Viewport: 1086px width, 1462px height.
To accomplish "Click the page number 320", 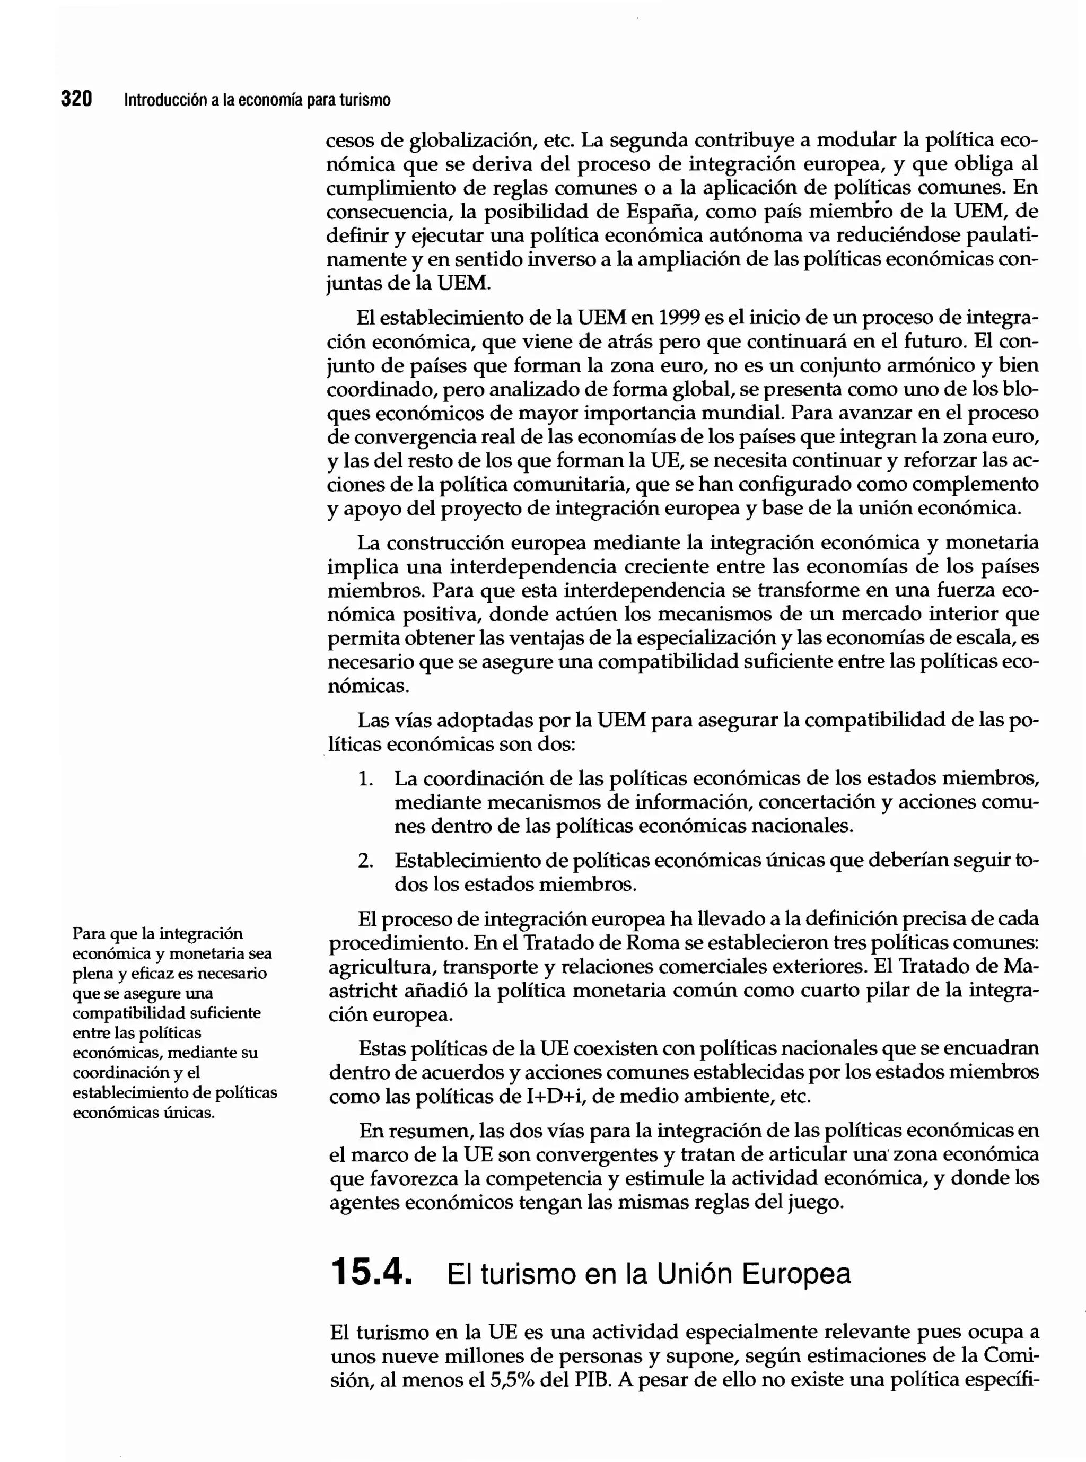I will pyautogui.click(x=76, y=99).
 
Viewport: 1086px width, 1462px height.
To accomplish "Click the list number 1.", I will pyautogui.click(x=365, y=779).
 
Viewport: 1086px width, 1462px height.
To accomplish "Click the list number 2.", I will pyautogui.click(x=365, y=861).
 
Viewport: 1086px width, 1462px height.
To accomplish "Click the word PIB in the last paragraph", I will pyautogui.click(x=591, y=1379).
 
